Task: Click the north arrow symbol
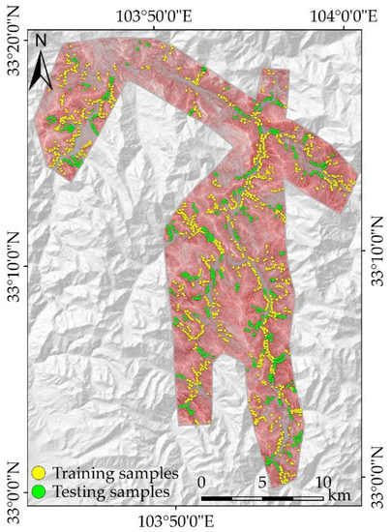coord(42,70)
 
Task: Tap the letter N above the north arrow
coord(42,44)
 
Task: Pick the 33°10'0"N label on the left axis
coord(14,267)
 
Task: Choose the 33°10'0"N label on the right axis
coord(376,253)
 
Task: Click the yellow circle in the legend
coord(40,474)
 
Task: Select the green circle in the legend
coord(40,491)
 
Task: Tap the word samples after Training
coord(149,474)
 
